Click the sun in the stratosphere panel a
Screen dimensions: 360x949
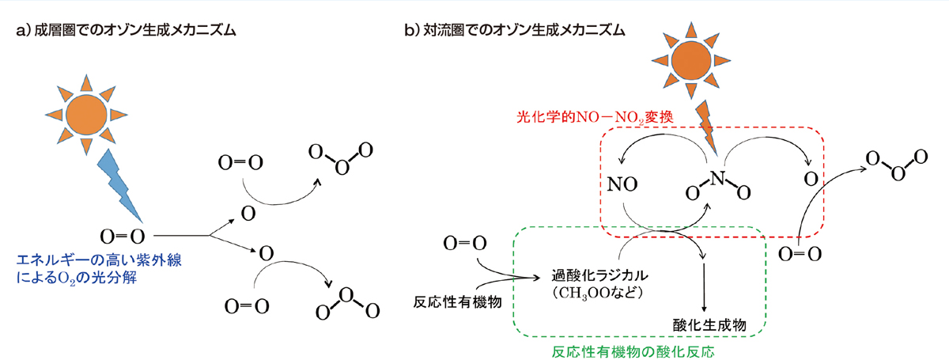92,115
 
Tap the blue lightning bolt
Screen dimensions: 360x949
119,185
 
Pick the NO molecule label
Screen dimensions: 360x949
623,183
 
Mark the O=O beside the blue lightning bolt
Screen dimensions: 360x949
122,235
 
